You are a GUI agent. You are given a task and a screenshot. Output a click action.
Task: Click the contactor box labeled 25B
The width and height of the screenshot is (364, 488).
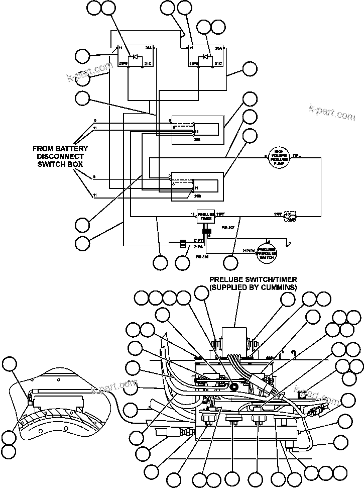(x=196, y=186)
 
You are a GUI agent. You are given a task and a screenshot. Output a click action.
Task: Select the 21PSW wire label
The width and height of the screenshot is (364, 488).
(x=248, y=249)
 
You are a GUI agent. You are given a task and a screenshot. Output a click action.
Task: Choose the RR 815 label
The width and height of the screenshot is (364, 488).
(x=202, y=256)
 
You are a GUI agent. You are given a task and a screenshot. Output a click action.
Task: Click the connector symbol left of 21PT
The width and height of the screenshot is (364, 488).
(x=183, y=244)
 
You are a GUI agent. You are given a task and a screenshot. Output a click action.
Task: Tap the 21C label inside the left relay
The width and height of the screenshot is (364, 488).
(x=148, y=64)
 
